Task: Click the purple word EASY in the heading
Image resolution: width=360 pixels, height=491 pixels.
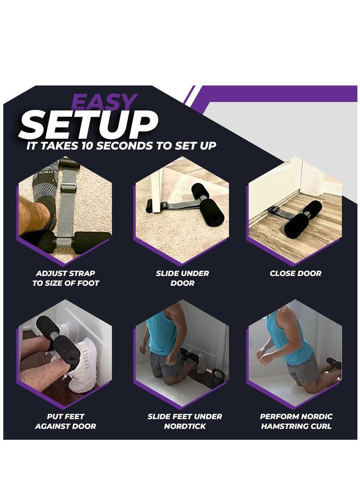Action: coord(104,103)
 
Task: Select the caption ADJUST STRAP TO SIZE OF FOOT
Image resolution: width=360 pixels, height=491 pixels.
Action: coord(66,278)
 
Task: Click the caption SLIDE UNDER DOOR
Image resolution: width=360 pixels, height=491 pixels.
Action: coord(183,278)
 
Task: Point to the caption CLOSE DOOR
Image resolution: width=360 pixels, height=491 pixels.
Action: coord(296,273)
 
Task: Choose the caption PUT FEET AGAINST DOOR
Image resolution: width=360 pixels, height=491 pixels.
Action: coord(66,421)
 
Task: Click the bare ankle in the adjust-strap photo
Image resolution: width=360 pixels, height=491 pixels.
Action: coord(34,212)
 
